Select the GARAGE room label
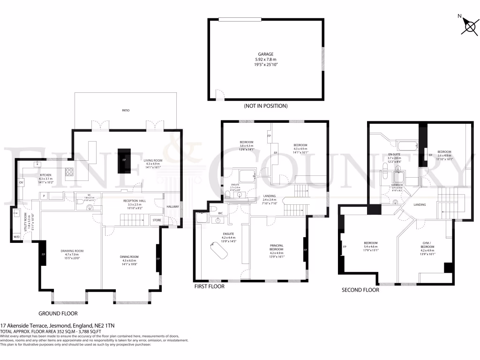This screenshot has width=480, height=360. pyautogui.click(x=265, y=54)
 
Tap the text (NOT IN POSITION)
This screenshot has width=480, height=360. pyautogui.click(x=265, y=106)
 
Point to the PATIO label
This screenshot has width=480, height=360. pyautogui.click(x=126, y=111)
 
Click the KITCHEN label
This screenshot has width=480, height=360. pyautogui.click(x=45, y=174)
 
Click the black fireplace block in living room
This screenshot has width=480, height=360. pyautogui.click(x=124, y=160)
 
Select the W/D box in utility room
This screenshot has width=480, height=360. pyautogui.click(x=17, y=237)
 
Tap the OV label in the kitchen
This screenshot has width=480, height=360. pyautogui.click(x=21, y=182)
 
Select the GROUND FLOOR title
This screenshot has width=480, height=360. pyautogui.click(x=58, y=314)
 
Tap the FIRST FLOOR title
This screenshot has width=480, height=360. pyautogui.click(x=210, y=286)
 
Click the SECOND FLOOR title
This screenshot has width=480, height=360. pyautogui.click(x=360, y=290)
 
